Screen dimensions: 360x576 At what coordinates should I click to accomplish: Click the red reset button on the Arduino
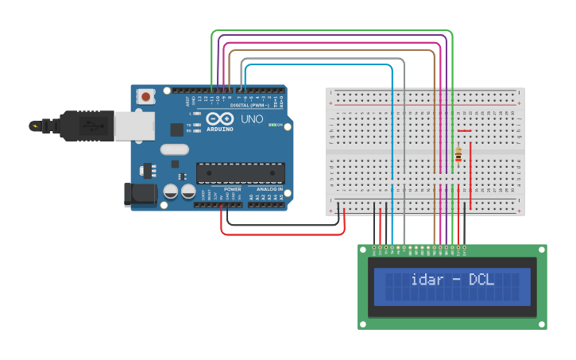point(146,96)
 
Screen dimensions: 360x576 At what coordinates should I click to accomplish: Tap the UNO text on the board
point(252,118)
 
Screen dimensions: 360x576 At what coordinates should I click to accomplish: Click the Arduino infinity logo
point(219,119)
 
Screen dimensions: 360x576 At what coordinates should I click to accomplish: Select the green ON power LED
point(272,125)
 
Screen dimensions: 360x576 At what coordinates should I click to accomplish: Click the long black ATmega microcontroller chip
point(241,172)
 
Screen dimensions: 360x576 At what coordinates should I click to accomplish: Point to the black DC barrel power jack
point(140,195)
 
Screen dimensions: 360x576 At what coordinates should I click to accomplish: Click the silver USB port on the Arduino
point(134,126)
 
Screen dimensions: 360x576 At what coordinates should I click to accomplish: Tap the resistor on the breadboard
point(458,155)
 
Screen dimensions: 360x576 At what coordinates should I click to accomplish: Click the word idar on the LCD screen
point(428,280)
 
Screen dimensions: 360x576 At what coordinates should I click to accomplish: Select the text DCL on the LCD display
point(481,280)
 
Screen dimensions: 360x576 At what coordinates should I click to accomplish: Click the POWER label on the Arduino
point(232,189)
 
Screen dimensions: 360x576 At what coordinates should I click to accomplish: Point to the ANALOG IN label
point(269,189)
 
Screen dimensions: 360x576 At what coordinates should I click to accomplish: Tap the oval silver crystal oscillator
point(174,149)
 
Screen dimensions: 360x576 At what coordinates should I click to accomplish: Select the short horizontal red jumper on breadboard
point(464,130)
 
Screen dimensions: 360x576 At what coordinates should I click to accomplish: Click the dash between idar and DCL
point(456,280)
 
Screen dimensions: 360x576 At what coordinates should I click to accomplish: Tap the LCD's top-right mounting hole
point(540,251)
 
